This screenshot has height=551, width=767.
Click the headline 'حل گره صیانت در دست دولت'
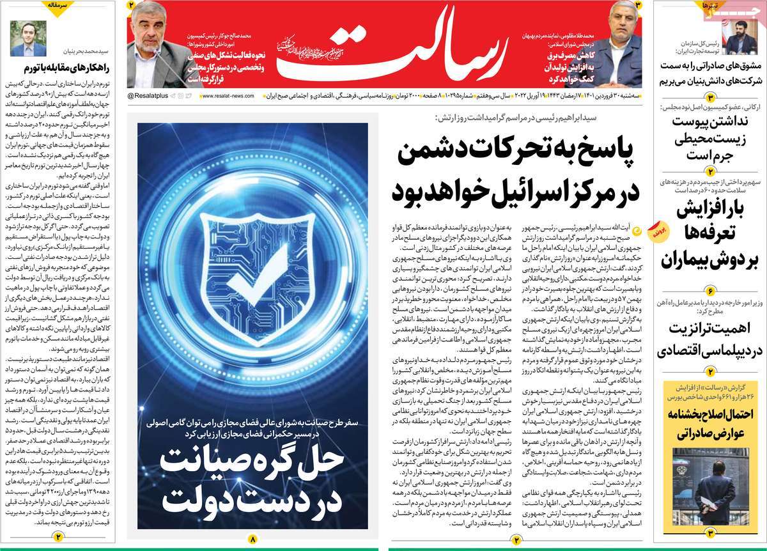[x=252, y=486]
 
